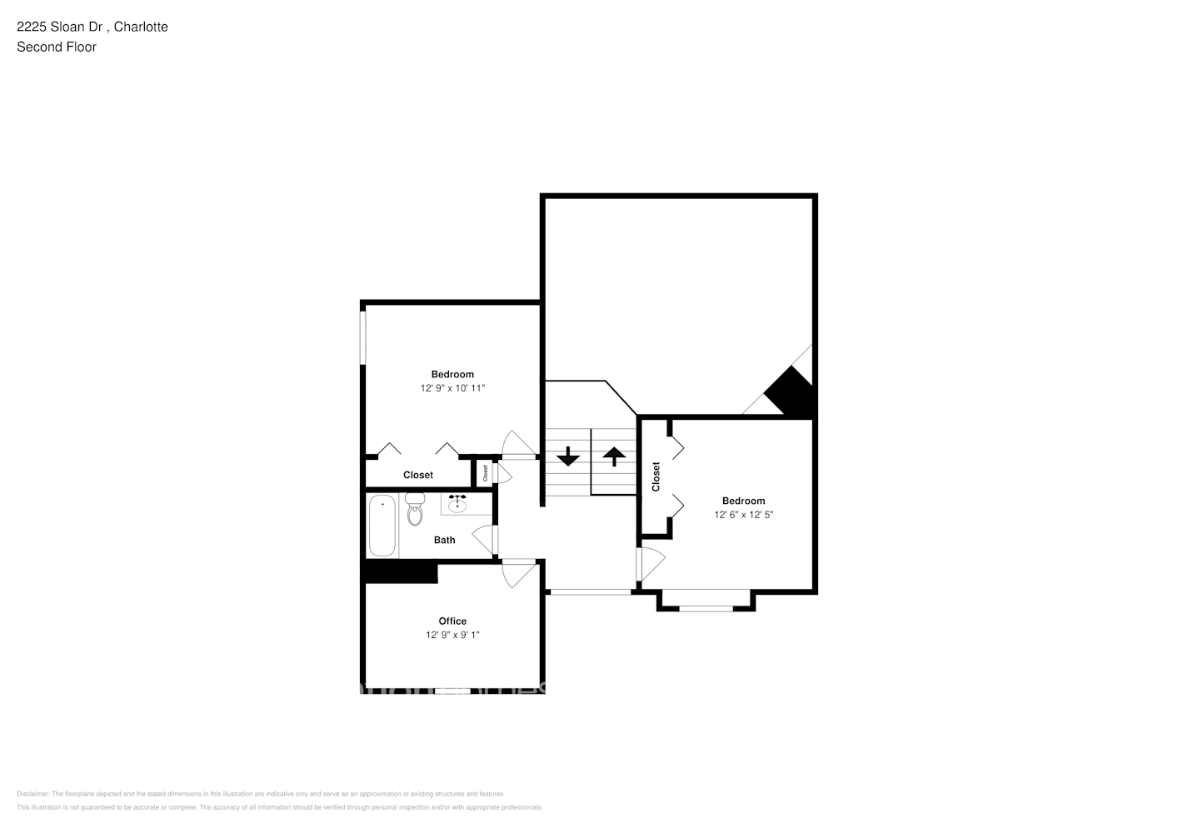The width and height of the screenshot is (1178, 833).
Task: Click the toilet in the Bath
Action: [415, 511]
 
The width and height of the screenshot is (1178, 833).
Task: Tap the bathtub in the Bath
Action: [382, 526]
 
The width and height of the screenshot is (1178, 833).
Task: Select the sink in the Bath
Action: [457, 503]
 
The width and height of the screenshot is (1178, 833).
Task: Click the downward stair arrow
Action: [568, 456]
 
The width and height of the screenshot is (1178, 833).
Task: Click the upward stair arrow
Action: [614, 456]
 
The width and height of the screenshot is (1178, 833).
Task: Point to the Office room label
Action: [452, 621]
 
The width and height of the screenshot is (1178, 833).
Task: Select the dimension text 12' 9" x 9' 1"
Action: [452, 635]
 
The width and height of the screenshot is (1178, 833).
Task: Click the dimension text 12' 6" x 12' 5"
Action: [743, 515]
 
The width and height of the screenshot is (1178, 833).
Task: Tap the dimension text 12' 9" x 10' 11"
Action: [452, 388]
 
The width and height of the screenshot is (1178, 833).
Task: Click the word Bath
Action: [444, 540]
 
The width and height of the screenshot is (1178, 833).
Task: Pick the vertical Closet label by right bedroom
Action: [656, 476]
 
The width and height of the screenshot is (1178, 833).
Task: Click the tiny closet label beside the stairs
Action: [485, 473]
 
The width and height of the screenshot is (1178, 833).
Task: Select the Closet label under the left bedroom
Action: [417, 475]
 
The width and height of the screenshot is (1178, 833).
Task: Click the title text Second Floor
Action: [57, 47]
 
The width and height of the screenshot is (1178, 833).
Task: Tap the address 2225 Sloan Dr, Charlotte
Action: [92, 27]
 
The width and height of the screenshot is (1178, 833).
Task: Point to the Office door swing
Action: [518, 573]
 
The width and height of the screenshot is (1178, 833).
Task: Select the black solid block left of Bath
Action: [401, 571]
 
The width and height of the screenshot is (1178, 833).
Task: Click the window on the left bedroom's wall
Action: [362, 337]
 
